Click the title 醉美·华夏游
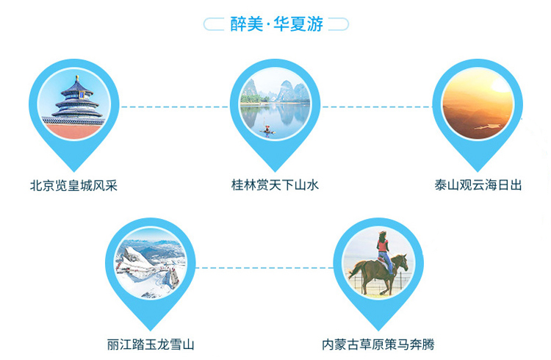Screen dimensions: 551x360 pos(276,24)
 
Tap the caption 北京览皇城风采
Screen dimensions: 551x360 pos(73,186)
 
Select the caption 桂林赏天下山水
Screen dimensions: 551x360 pos(275,185)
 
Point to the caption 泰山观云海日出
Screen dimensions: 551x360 pos(478,185)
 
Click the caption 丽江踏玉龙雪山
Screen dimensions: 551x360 pos(151,344)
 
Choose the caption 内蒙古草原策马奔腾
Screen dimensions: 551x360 pos(378,344)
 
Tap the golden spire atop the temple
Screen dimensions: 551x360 pos(77,78)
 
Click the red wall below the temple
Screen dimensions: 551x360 pos(73,131)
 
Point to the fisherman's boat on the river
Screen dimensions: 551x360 pos(267,131)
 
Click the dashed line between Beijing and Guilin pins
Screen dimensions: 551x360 pos(174,107)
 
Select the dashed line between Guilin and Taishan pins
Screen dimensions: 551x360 pos(377,107)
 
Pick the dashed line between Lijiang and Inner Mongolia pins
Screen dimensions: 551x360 pos(264,267)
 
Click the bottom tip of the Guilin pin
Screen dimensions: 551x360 pos(275,171)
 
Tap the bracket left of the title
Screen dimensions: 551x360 pos(214,24)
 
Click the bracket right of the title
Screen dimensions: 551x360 pos(339,24)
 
